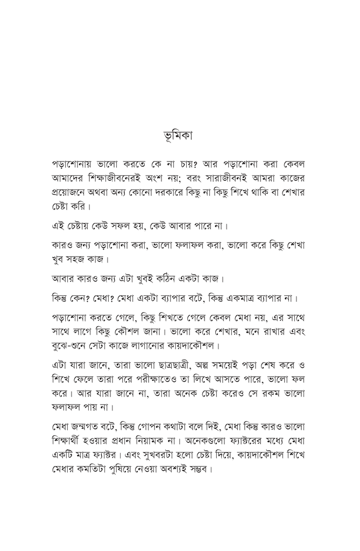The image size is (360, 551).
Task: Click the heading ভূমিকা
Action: [180, 134]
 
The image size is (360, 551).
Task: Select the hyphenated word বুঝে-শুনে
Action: [73, 344]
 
